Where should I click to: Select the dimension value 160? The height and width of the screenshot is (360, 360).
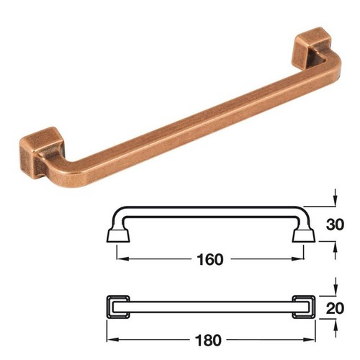[210, 258]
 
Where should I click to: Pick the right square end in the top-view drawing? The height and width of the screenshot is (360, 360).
[303, 308]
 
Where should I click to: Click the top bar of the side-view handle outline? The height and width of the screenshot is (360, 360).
[210, 210]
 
